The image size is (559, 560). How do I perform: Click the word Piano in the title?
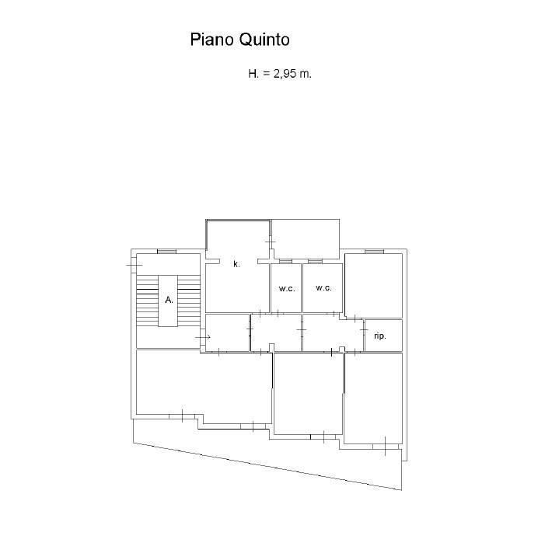tap(211, 40)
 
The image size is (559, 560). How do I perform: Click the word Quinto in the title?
tap(264, 40)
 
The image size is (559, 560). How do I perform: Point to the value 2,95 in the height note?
tap(285, 74)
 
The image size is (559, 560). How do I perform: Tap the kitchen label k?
tap(236, 264)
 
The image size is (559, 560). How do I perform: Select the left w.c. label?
tap(287, 289)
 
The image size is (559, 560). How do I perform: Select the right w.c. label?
tap(324, 288)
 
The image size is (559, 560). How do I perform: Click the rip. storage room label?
tap(380, 336)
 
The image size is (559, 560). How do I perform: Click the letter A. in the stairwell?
tap(169, 300)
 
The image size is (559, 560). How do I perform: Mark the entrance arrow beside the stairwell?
tap(203, 337)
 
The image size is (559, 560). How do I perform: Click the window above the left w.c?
tap(285, 262)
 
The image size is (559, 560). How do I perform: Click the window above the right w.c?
tap(315, 262)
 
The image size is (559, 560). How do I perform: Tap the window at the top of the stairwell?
tap(167, 252)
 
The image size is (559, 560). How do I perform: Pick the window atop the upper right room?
tap(374, 252)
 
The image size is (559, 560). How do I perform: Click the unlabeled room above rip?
tap(373, 285)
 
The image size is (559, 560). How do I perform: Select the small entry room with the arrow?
tap(227, 332)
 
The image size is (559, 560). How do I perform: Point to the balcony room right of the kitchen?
tap(305, 239)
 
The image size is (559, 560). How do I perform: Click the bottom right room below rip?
tap(373, 399)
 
